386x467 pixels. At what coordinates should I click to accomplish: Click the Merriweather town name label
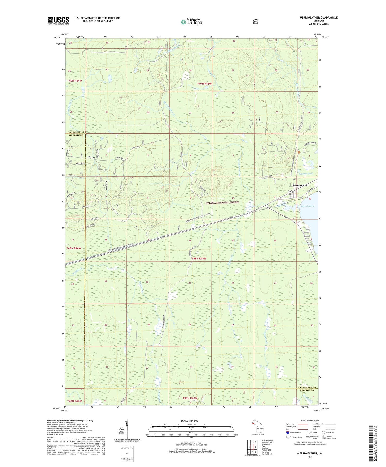point(300,185)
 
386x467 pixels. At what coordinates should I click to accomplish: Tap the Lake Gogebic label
point(308,206)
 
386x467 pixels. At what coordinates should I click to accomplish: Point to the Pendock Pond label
point(305,174)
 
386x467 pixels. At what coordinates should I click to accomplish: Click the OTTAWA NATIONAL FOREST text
point(222,202)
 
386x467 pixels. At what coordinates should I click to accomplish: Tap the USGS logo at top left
point(58,21)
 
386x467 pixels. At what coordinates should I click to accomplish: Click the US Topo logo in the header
point(191,22)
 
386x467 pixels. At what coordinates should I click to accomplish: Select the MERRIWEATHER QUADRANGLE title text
point(318,18)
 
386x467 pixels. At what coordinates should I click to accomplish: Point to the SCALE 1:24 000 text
point(189,421)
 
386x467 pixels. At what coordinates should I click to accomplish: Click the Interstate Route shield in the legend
point(288,432)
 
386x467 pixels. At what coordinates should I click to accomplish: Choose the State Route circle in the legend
point(323,432)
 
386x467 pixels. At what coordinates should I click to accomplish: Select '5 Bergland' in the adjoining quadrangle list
point(265,448)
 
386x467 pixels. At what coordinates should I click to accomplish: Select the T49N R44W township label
point(75,81)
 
